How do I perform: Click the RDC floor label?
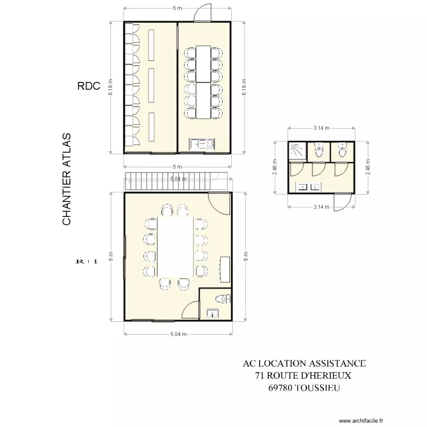[89, 87]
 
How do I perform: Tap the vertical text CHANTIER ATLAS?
[67, 179]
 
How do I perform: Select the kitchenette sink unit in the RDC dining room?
[202, 145]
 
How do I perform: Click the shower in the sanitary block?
[296, 150]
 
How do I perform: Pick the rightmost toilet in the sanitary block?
[342, 151]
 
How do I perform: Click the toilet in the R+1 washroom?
[223, 298]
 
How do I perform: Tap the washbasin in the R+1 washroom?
[212, 312]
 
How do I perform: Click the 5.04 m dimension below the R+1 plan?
[178, 335]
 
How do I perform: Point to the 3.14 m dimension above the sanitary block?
[321, 129]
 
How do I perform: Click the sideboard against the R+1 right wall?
[225, 269]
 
